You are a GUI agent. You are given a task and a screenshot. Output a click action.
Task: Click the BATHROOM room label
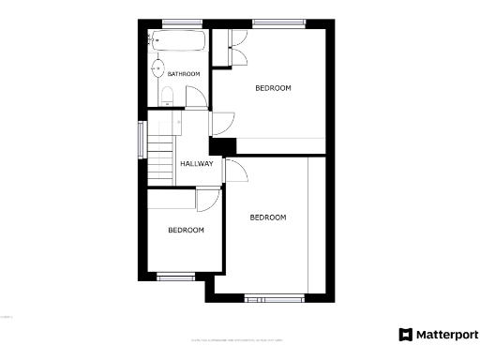tap(184, 74)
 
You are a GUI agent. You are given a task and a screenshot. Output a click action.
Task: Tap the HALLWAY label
tap(197, 164)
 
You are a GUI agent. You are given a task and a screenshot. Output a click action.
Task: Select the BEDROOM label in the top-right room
tap(274, 88)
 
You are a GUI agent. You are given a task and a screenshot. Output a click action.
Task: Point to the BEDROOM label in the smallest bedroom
tap(186, 230)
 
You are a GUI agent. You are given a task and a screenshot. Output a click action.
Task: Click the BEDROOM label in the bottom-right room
tap(267, 217)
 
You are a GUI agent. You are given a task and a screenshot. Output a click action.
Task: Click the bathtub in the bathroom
tap(178, 41)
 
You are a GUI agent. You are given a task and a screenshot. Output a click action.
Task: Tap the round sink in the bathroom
tap(158, 67)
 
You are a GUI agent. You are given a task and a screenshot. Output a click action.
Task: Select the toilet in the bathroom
tap(166, 95)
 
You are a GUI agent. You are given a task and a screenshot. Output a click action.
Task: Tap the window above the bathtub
tap(177, 23)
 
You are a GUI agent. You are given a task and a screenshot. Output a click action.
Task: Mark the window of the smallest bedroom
tap(175, 277)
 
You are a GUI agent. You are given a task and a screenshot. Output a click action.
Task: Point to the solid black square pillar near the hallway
tap(222, 145)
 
